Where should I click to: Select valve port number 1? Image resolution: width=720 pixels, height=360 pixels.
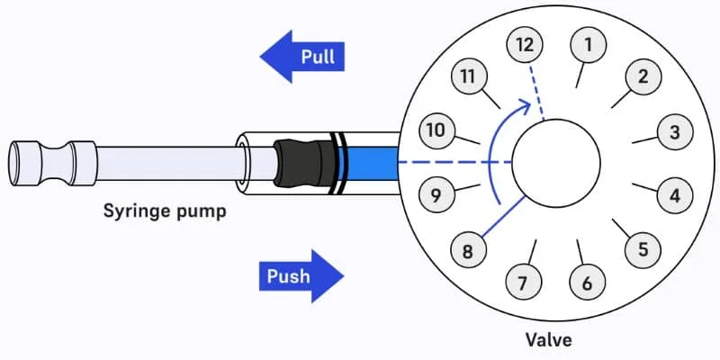pos(589,43)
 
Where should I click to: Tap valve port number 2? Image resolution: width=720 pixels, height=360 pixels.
pos(643,76)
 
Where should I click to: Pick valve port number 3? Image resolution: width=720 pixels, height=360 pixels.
pos(674,133)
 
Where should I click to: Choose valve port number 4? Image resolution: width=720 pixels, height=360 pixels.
pos(674,193)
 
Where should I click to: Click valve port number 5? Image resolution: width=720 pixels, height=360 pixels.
pos(643,249)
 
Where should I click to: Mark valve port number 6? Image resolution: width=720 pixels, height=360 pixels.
pos(588,283)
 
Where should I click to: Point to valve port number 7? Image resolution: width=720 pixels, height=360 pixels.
pos(523,283)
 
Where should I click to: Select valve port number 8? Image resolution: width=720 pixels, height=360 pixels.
pos(467,251)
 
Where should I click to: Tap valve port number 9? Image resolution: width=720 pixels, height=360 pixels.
pos(436,195)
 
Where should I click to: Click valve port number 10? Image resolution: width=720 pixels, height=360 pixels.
pos(436,130)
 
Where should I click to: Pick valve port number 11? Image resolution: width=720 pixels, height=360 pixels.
pos(467,76)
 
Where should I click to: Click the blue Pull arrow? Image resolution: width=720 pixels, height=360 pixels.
pos(302,58)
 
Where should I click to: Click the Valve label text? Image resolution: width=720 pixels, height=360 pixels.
pos(549,340)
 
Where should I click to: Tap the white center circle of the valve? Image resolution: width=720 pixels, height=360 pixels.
pos(556,162)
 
